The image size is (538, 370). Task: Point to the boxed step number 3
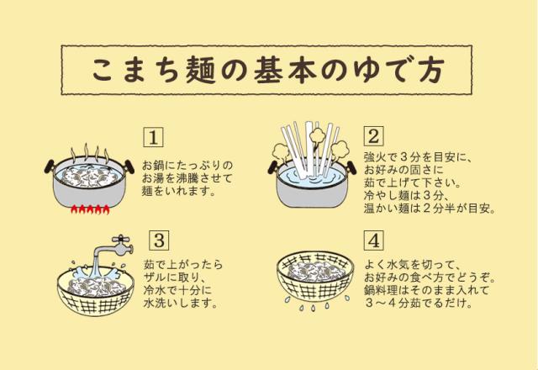click(x=156, y=241)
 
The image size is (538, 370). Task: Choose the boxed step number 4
click(x=374, y=241)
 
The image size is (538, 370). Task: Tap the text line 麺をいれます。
click(x=179, y=192)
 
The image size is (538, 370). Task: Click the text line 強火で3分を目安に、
click(x=419, y=157)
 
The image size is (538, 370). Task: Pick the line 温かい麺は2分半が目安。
click(x=428, y=208)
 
